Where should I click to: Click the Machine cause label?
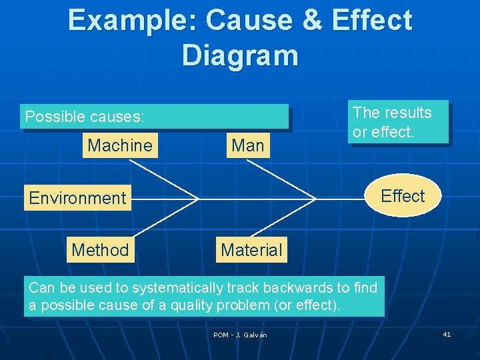(120, 145)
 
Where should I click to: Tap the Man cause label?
(247, 145)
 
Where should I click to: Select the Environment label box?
(77, 198)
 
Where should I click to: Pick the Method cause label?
(100, 250)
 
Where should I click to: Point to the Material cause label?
(251, 250)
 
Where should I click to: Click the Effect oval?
(403, 196)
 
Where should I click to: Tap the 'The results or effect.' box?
(399, 122)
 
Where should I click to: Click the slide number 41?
(447, 334)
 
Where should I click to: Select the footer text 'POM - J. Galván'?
(240, 335)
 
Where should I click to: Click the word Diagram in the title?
(240, 55)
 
